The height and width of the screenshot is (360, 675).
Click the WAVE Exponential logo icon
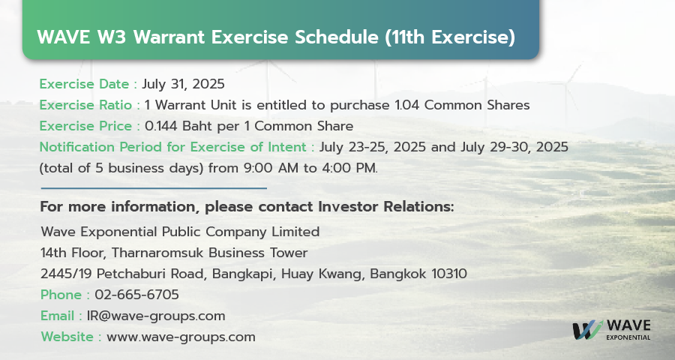coord(587,330)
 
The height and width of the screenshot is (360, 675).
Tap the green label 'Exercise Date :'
coord(88,84)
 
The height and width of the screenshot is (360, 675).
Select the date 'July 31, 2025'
coord(184,84)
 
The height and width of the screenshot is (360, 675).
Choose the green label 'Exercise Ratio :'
coord(90,105)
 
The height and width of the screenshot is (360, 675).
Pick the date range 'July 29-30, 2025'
coord(514,147)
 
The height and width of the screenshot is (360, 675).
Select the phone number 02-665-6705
coord(137,295)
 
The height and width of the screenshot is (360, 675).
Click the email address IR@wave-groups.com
coord(156,316)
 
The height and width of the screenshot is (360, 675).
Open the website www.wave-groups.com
coord(181,337)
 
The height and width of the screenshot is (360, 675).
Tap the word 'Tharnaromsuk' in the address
coord(157,253)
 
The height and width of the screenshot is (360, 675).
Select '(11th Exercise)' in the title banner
coord(450,37)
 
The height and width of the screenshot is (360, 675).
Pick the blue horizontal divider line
coord(154,188)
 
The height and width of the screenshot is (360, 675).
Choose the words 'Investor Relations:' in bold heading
coord(386,207)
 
